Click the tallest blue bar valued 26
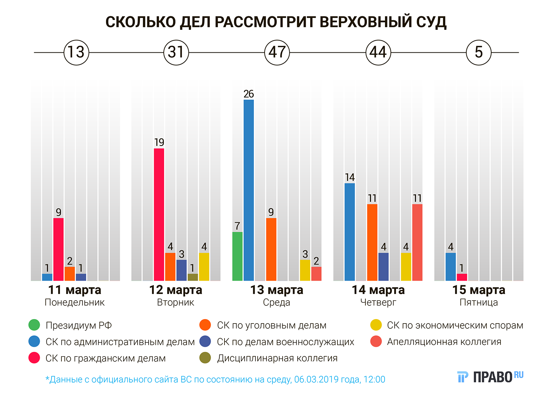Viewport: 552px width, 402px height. (249, 190)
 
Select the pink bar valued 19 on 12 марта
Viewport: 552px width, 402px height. (159, 214)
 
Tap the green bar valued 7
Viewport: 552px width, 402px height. (237, 256)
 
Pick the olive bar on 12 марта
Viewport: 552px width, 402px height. (192, 277)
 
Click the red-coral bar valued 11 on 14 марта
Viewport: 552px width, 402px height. (417, 242)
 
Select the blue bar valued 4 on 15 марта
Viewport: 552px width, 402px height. (450, 267)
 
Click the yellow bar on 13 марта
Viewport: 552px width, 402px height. (305, 270)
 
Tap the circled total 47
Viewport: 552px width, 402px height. (277, 52)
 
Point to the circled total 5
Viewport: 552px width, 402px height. (478, 52)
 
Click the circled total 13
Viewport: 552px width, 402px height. (76, 52)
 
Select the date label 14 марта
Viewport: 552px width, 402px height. (378, 290)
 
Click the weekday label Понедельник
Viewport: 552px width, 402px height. (75, 303)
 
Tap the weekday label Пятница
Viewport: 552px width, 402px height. (478, 303)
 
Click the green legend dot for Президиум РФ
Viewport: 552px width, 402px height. (34, 325)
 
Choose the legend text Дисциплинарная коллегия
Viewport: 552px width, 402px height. (277, 358)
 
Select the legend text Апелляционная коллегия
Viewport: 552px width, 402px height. (444, 342)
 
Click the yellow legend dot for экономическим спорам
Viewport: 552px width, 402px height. (376, 325)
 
